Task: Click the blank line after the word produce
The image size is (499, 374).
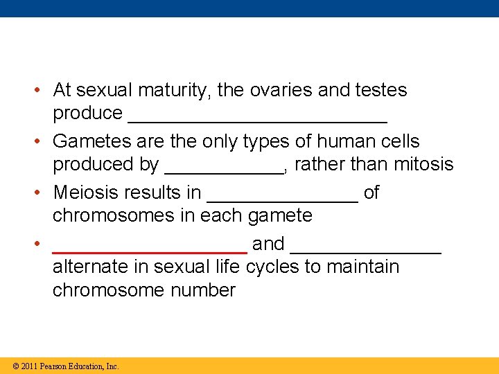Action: tap(258, 118)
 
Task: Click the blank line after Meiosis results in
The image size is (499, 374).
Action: tap(283, 199)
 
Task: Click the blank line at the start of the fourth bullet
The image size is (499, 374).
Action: tap(150, 251)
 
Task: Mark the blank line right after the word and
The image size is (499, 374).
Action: tap(366, 251)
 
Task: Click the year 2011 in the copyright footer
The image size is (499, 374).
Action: tap(30, 366)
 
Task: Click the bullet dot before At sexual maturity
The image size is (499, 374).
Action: tap(41, 91)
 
